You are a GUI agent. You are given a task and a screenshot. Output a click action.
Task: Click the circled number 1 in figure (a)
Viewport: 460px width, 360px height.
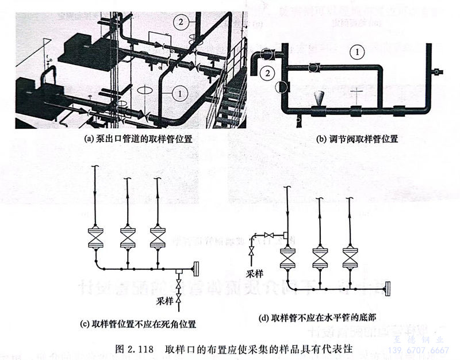coord(179,91)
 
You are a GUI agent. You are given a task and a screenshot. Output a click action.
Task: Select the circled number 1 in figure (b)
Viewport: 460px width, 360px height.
coord(357,52)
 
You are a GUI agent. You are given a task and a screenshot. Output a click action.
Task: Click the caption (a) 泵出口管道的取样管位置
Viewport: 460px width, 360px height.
coord(138,139)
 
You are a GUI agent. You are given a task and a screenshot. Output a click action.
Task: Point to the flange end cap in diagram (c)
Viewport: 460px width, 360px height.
coord(195,268)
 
